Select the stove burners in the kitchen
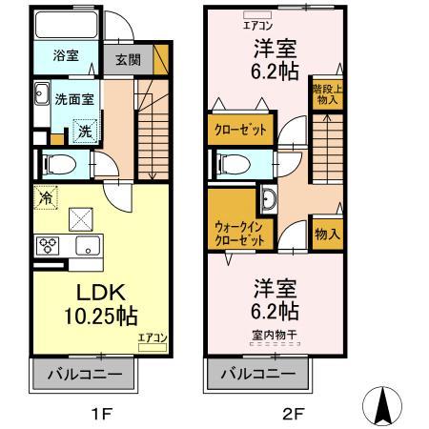pos(47,246)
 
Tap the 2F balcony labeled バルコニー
pos(257,375)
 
